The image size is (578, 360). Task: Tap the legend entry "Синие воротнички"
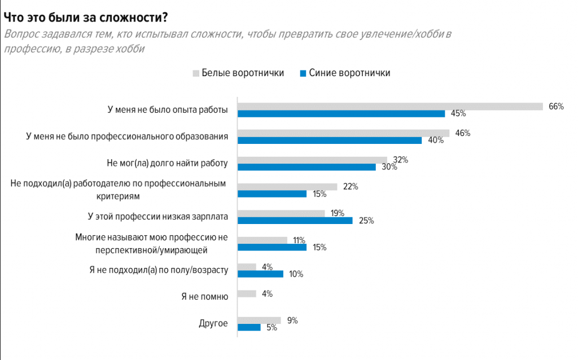345,73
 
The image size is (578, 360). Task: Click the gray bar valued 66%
390,106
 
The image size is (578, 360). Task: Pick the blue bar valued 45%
341,113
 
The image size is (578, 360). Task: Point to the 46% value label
463,133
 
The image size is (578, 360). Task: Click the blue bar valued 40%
329,141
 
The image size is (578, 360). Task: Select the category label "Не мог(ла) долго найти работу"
167,164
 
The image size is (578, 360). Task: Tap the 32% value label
400,160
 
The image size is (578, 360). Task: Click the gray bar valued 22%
287,186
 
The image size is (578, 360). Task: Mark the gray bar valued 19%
281,213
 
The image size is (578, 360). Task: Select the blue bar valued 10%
260,274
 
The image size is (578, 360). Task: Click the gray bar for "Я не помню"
247,293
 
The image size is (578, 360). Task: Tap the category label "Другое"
213,323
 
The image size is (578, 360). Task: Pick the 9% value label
292,321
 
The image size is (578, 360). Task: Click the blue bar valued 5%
249,327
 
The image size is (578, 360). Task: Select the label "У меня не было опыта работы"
168,110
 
